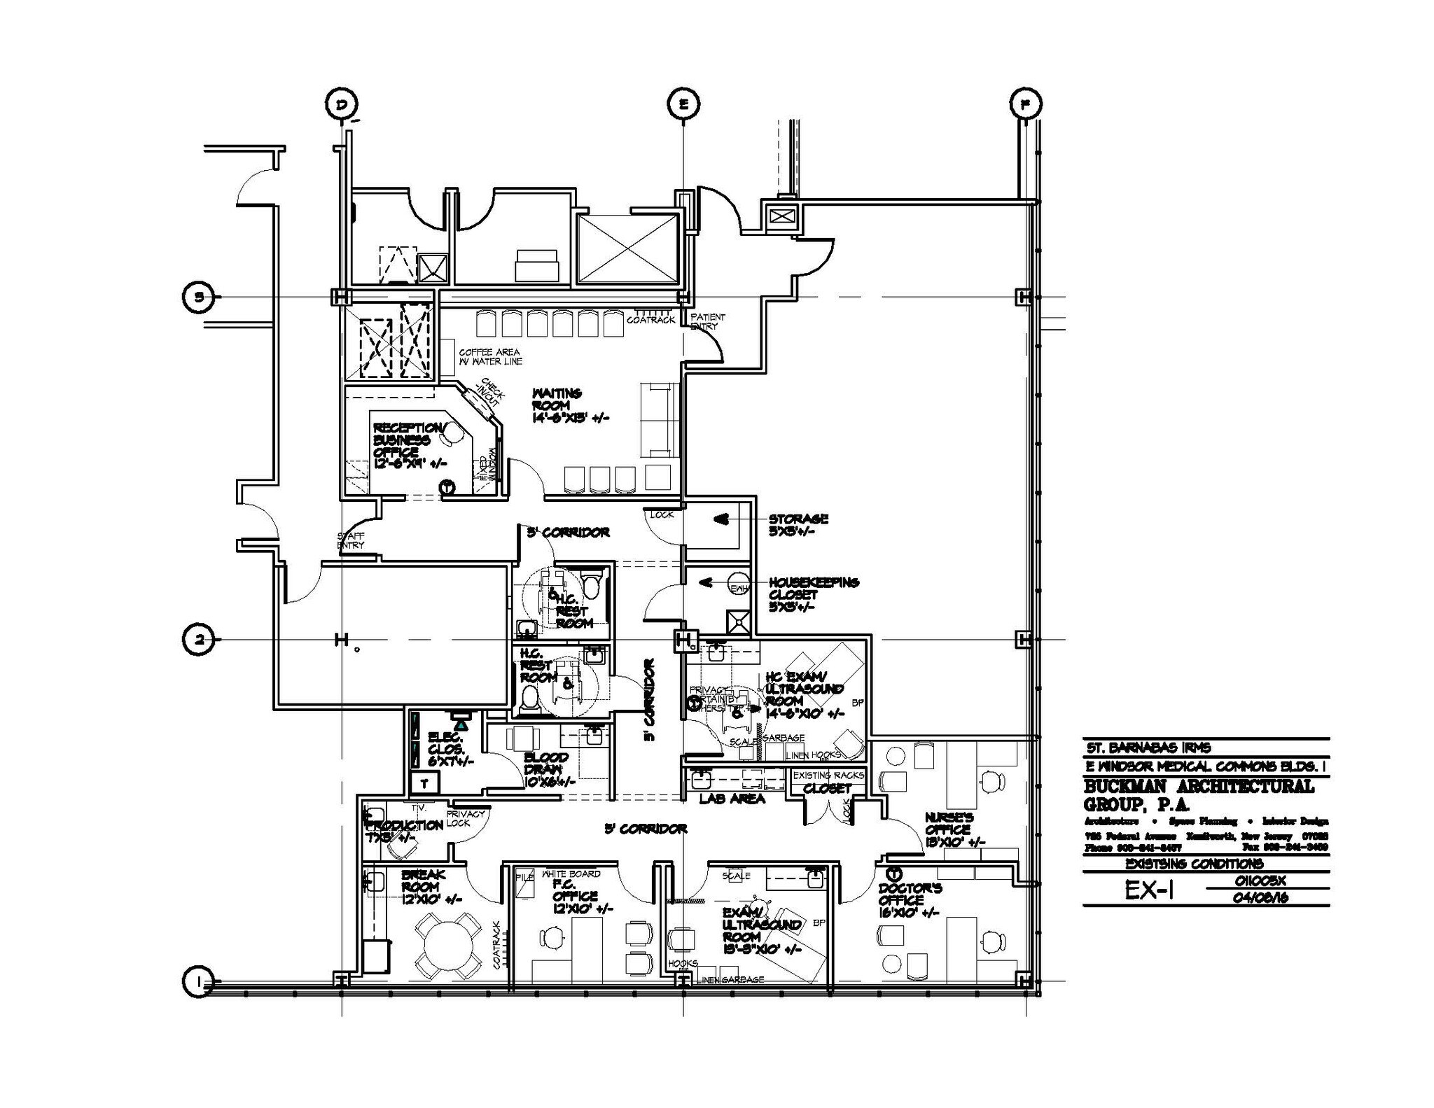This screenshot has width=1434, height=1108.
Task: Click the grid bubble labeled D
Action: point(342,104)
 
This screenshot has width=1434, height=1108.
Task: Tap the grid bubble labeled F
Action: point(1026,104)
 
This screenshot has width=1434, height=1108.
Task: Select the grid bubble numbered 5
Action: point(199,297)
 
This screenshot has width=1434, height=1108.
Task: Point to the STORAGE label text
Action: point(798,519)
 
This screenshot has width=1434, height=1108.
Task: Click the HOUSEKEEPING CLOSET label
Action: point(813,594)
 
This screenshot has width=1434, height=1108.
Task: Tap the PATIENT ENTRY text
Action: point(707,321)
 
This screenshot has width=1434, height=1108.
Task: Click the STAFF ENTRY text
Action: point(351,540)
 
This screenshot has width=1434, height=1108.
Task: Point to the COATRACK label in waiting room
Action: point(650,320)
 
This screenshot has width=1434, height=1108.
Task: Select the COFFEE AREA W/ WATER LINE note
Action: point(490,357)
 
